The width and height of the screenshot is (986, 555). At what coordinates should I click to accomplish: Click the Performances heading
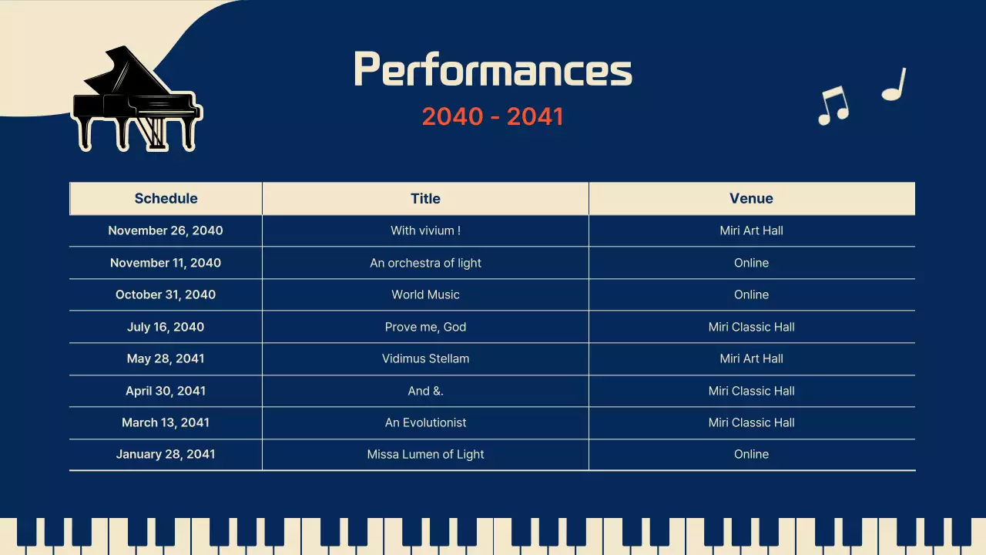point(493,70)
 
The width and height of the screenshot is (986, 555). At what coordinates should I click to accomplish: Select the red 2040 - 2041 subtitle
point(493,116)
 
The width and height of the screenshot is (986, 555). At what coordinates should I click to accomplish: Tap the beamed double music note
point(833,105)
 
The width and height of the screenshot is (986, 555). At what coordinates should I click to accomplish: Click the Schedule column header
point(166,198)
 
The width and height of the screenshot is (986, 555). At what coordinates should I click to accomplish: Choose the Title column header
point(425,198)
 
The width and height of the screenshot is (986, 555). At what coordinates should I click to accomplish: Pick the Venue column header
point(751,198)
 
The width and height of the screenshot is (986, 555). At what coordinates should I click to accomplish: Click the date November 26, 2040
point(166,230)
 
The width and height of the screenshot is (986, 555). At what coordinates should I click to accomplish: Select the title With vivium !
point(425,230)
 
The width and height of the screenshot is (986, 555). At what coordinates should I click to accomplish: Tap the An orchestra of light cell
point(425,263)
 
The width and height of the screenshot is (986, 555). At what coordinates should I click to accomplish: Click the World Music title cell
point(425,294)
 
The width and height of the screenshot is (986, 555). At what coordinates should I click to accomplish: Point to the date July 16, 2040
point(166,327)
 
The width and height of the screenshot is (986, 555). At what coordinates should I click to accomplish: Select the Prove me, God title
point(425,327)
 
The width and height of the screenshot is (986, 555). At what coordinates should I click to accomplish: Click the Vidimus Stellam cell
point(425,358)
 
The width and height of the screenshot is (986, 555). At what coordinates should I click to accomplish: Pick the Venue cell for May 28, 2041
point(751,358)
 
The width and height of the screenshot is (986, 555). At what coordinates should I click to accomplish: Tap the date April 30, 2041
point(166,391)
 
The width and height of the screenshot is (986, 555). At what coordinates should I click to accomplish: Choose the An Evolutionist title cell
point(425,422)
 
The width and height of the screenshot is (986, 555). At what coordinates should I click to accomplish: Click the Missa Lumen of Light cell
point(425,454)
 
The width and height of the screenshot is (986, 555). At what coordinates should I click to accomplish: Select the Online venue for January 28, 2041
point(751,454)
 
